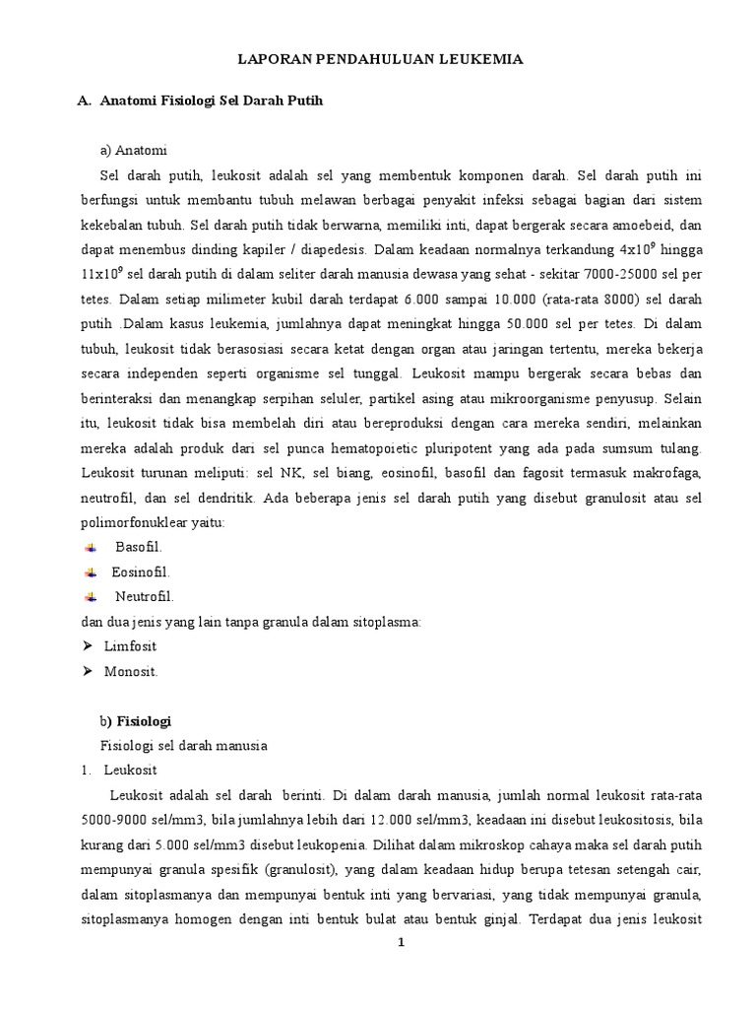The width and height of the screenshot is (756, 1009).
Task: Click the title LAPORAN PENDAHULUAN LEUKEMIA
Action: pyautogui.click(x=379, y=60)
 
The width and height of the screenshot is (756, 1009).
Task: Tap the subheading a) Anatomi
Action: pyautogui.click(x=134, y=151)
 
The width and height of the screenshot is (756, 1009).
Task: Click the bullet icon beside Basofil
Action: pyautogui.click(x=90, y=547)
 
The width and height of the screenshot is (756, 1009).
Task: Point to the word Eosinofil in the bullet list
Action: pyautogui.click(x=141, y=572)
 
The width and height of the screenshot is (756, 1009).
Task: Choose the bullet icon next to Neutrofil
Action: pyautogui.click(x=90, y=596)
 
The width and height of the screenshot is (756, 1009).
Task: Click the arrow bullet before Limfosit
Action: pyautogui.click(x=86, y=646)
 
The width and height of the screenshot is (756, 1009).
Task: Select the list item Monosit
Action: pyautogui.click(x=131, y=671)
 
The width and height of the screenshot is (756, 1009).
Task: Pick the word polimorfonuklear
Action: pyautogui.click(x=138, y=522)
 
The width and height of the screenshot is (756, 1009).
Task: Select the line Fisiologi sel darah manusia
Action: pyautogui.click(x=185, y=746)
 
